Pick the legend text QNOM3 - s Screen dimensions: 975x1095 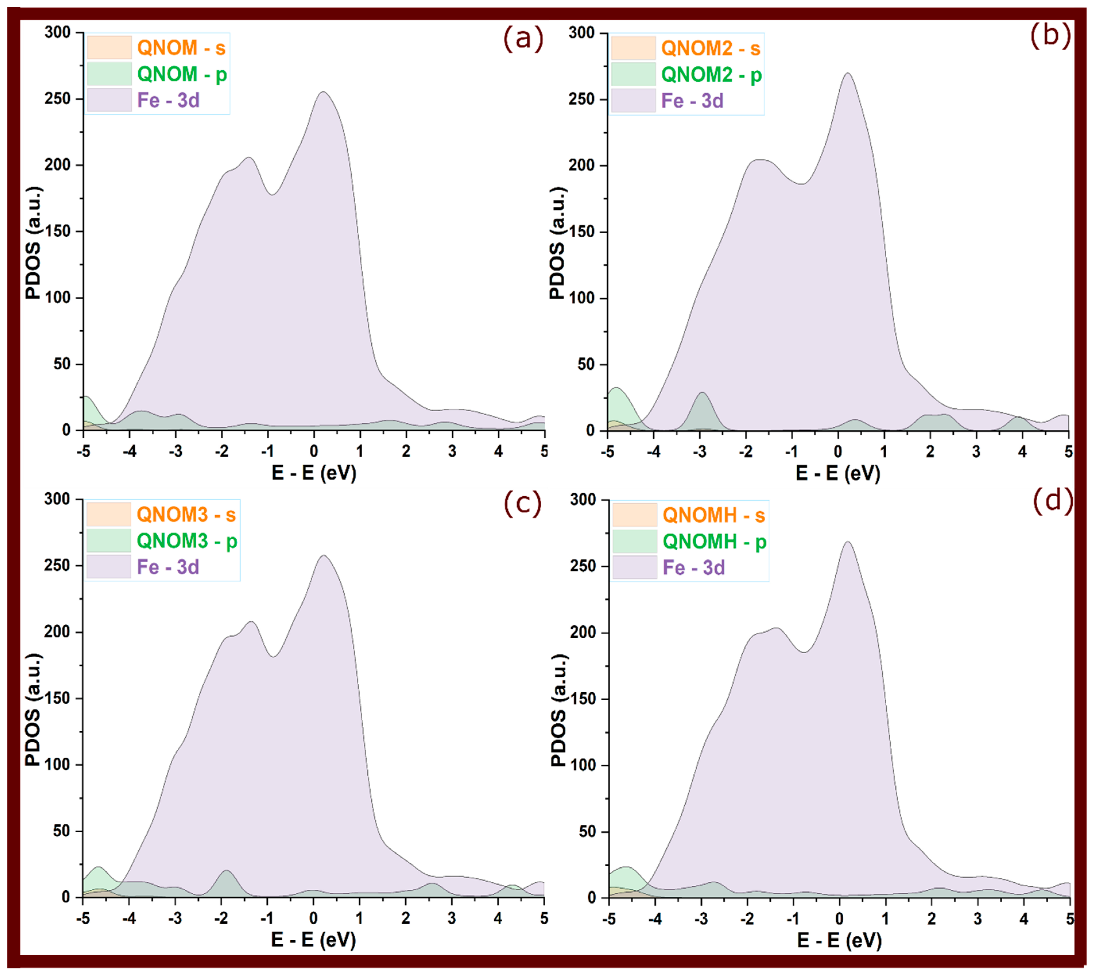(x=186, y=514)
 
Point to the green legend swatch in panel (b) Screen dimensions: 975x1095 (x=633, y=74)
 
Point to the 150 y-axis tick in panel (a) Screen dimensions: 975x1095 (x=57, y=231)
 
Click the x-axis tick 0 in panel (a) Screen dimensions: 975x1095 (x=314, y=451)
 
